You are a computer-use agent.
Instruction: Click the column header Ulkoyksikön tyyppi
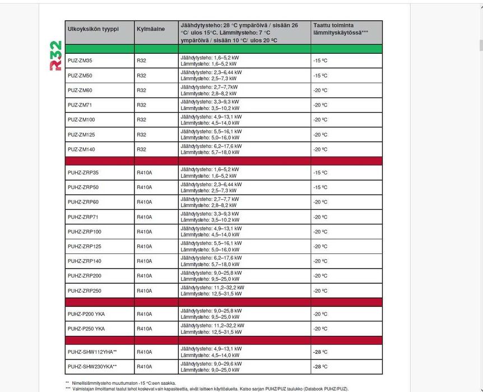coord(93,29)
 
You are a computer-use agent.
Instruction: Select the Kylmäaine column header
coord(151,29)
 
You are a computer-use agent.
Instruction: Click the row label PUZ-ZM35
coord(80,61)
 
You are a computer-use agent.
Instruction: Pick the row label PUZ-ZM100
coord(81,119)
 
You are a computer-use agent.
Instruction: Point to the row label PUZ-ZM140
coord(81,149)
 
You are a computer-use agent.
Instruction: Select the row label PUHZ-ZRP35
coord(83,172)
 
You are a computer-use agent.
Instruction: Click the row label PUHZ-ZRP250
coord(85,290)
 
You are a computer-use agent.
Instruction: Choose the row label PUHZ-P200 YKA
coord(86,314)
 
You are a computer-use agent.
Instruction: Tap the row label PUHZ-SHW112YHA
coord(92,352)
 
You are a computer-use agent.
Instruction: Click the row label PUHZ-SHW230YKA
coord(92,367)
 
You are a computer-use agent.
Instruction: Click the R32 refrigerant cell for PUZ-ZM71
coord(141,105)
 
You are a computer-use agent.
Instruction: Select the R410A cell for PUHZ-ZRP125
coord(144,246)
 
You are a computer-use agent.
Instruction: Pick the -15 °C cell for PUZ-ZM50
coord(320,75)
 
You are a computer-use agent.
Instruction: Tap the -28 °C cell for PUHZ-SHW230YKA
coord(320,367)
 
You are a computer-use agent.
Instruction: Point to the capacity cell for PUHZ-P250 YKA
coord(212,329)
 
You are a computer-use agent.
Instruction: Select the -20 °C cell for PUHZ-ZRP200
coord(320,276)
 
